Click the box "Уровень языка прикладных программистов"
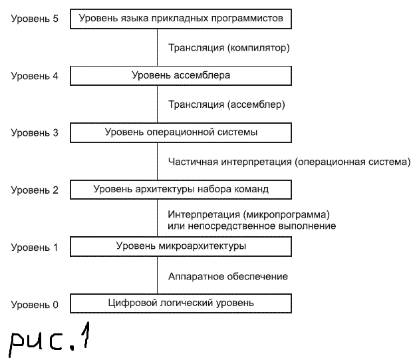(181, 19)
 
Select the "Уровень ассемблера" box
(181, 76)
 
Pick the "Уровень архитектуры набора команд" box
(181, 190)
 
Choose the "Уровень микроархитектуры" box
(181, 247)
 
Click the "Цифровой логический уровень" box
(181, 303)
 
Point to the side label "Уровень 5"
(35, 19)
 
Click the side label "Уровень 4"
(35, 77)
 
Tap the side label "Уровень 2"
(35, 190)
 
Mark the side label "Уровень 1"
(35, 248)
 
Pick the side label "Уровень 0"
(35, 305)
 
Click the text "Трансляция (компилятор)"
(229, 48)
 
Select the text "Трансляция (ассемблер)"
(227, 105)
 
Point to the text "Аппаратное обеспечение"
(228, 275)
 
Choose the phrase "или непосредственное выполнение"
(252, 226)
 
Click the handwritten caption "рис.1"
(50, 341)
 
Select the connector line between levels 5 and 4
(157, 47)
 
